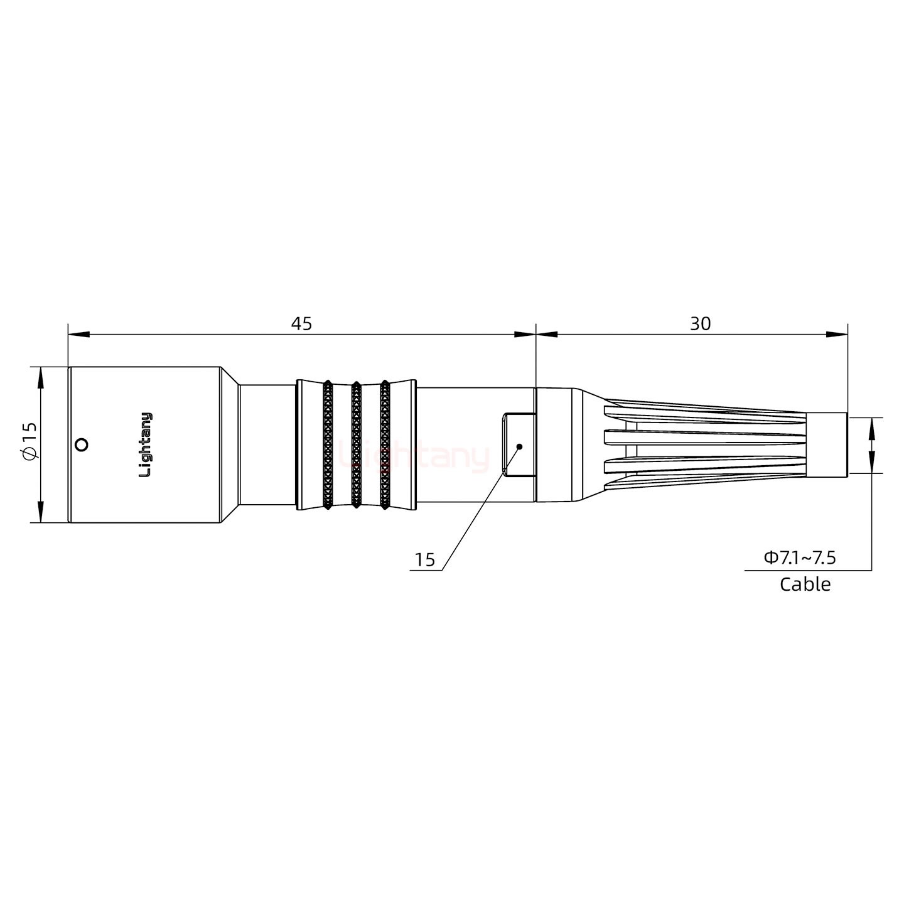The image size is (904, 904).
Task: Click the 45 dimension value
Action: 301,324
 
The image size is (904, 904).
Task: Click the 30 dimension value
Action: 700,324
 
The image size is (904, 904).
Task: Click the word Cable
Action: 805,584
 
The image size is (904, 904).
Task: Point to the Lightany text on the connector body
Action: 145,444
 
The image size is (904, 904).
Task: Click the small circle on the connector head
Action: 80,445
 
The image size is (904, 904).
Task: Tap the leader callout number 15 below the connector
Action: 424,560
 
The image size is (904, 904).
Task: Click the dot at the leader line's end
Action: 519,446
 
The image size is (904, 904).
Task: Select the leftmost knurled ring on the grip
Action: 328,444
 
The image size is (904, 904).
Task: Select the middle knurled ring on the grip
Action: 356,444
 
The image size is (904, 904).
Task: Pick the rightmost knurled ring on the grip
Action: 384,444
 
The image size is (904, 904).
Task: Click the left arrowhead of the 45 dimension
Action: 78,334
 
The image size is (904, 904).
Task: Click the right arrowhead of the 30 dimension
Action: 837,334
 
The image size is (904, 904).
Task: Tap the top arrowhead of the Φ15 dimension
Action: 41,377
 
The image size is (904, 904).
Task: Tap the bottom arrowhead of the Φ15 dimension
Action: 41,512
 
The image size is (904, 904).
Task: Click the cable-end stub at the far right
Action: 827,445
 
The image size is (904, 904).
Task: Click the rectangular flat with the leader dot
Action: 519,445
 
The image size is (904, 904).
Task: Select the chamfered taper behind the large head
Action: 230,444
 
